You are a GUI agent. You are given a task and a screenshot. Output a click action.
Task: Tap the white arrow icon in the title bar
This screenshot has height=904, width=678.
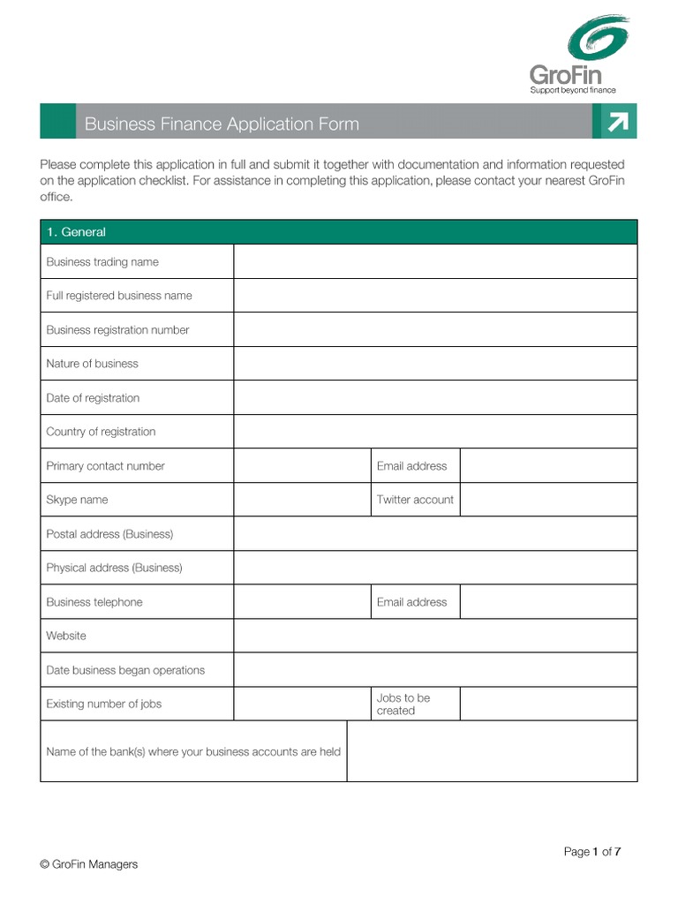click(618, 123)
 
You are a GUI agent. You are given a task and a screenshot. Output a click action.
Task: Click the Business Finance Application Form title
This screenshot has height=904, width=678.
click(222, 124)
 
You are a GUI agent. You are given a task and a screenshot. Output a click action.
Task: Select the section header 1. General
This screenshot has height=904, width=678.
click(76, 232)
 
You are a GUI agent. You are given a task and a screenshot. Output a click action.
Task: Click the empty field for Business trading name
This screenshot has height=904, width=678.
click(434, 261)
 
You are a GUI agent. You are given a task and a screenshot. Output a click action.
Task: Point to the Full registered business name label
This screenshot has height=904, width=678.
click(119, 296)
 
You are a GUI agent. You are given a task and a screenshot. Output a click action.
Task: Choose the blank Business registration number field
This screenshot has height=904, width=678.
click(434, 329)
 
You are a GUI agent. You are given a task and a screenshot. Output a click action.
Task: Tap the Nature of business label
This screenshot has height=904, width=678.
click(93, 364)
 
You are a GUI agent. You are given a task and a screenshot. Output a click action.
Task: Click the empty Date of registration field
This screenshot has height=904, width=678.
click(434, 397)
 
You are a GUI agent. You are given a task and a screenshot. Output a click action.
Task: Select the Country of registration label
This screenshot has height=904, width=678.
click(101, 432)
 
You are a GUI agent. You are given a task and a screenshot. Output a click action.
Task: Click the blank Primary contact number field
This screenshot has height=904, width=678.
click(302, 465)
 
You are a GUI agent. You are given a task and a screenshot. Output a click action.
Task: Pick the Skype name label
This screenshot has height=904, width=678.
click(77, 500)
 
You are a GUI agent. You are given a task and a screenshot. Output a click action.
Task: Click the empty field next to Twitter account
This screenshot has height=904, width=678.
click(548, 500)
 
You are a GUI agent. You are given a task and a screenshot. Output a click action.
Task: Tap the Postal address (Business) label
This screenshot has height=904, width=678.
click(109, 534)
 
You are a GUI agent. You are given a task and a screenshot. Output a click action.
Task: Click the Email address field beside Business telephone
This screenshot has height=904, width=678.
click(548, 601)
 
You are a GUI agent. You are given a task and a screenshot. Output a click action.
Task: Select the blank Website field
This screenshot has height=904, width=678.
click(434, 636)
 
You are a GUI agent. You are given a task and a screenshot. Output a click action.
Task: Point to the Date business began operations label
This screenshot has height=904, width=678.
click(125, 670)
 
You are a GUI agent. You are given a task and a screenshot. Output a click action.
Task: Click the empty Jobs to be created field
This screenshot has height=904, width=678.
click(548, 704)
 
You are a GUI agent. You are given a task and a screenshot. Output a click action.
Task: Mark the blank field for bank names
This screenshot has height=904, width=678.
click(492, 751)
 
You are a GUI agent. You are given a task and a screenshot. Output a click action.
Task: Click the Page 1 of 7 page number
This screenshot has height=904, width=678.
click(592, 852)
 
